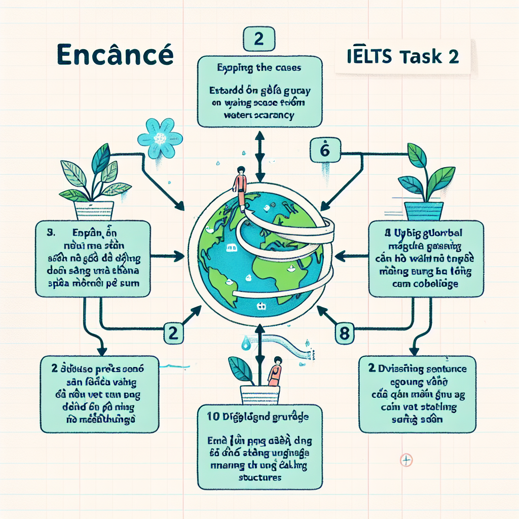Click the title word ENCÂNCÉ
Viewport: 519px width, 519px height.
(x=115, y=55)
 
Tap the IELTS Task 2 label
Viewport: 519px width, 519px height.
(x=403, y=56)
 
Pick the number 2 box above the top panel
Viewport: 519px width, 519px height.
(x=258, y=40)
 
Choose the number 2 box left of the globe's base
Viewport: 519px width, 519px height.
(x=172, y=332)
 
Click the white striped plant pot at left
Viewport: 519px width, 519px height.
(x=94, y=209)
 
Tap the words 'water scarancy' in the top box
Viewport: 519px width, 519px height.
(x=258, y=115)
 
